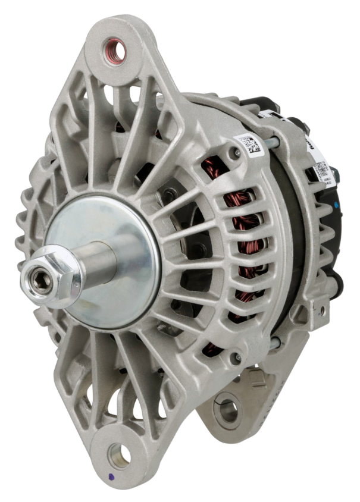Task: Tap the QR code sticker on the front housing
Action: tap(249, 144)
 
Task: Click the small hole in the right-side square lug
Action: tap(322, 310)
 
